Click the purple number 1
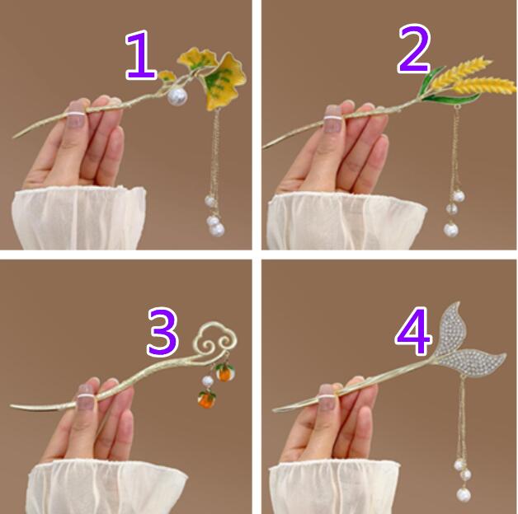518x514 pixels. (140, 55)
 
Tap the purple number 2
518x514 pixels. (414, 49)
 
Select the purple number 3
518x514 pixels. (162, 332)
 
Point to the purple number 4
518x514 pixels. (413, 331)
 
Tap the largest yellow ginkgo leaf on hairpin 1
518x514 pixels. (224, 81)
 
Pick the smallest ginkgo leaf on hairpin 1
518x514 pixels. (167, 77)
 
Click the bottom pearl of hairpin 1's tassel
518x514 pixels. (216, 229)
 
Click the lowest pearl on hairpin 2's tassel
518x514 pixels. (450, 230)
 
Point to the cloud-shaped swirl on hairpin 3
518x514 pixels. (214, 342)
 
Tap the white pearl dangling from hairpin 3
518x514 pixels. (208, 381)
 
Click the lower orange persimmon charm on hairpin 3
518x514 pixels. (206, 399)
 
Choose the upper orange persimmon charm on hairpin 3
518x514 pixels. (223, 371)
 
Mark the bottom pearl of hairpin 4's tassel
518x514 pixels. (464, 495)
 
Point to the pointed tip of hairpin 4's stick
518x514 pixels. (274, 410)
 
